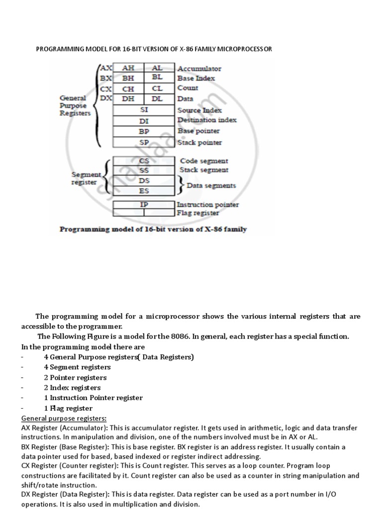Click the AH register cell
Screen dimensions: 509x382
[128, 68]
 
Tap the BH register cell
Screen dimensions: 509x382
[128, 78]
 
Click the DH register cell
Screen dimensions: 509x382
[128, 99]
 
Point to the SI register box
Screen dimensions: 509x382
[144, 110]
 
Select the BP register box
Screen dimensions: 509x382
[144, 131]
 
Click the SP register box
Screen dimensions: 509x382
[144, 142]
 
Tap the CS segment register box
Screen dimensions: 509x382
[144, 161]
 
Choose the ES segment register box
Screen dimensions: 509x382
[144, 190]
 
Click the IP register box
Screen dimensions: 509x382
[144, 204]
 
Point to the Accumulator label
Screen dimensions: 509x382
[199, 69]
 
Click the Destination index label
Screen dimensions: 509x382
[207, 120]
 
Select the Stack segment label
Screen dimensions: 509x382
[204, 170]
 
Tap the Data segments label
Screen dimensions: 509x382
[211, 185]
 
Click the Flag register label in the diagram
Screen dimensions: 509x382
[198, 213]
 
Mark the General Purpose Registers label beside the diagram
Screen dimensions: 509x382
[75, 105]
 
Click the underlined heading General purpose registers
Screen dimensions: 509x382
[64, 419]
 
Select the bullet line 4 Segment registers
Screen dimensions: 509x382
[77, 367]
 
